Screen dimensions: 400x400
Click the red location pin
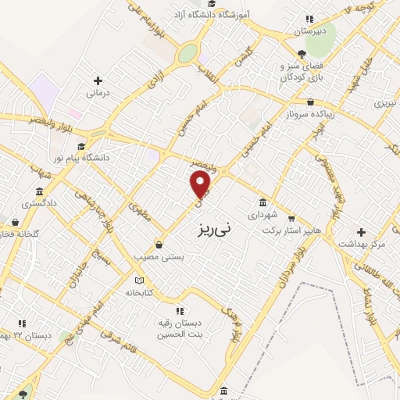201,185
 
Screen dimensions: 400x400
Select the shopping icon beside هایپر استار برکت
291,218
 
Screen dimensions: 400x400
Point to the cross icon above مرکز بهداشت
361,232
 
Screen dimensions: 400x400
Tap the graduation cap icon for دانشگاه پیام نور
80,146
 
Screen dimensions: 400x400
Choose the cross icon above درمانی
98,80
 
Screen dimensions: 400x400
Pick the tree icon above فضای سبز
302,54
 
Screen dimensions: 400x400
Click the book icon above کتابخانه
140,280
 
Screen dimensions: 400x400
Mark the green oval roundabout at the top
187,54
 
